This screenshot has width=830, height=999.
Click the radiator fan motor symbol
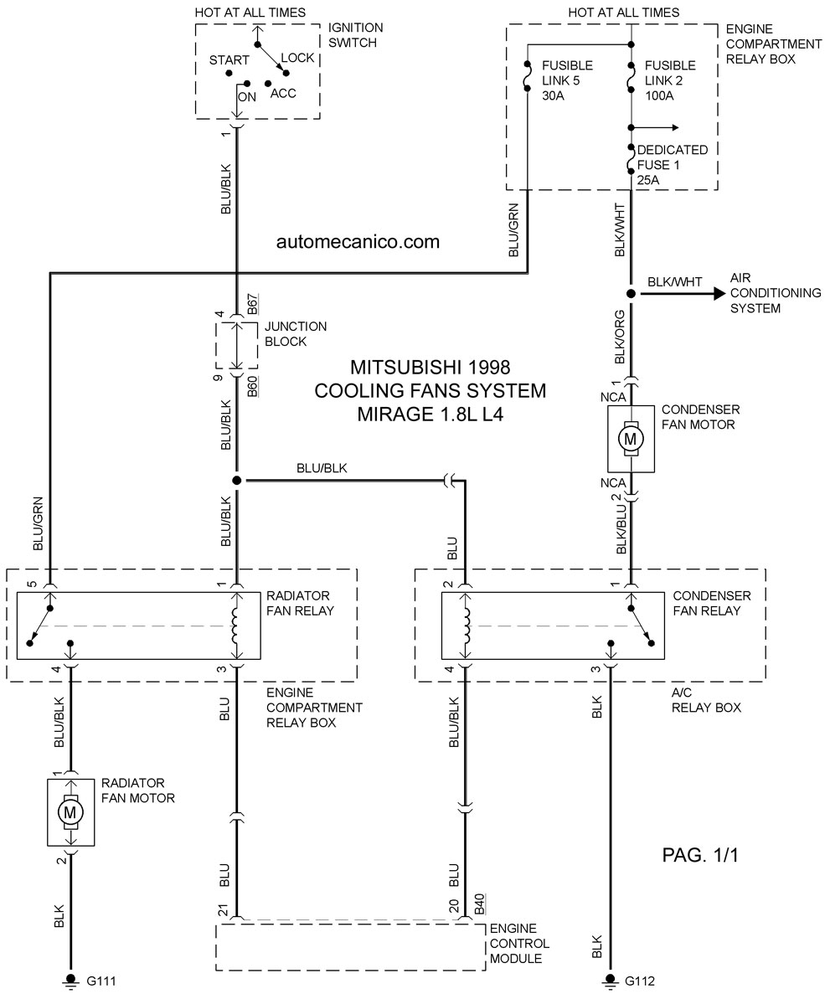click(70, 812)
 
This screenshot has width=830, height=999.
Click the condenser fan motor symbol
click(631, 438)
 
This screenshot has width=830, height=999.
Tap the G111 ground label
click(101, 981)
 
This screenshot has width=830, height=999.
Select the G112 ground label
click(640, 981)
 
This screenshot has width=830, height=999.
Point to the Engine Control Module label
click(519, 943)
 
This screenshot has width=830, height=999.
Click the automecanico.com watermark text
click(358, 242)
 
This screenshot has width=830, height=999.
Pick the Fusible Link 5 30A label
click(567, 80)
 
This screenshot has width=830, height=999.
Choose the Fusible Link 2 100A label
click(670, 80)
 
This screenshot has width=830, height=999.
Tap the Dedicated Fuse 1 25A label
click(672, 165)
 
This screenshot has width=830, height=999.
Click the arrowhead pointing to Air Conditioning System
click(719, 294)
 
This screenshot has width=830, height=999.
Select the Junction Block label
click(296, 334)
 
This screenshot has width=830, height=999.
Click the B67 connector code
click(253, 305)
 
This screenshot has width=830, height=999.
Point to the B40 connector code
click(480, 904)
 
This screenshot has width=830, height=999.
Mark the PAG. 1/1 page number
click(700, 855)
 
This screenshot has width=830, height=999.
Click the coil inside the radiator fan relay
click(235, 626)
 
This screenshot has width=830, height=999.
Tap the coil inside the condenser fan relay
click(467, 626)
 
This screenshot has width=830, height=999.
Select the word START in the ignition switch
click(229, 60)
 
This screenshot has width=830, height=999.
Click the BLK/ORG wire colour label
click(620, 337)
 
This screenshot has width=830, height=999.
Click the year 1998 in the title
click(488, 368)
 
